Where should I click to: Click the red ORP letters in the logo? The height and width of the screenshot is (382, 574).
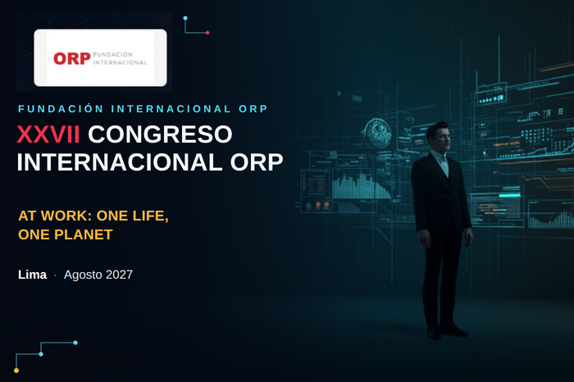point(72,58)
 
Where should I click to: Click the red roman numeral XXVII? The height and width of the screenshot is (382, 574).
point(48,134)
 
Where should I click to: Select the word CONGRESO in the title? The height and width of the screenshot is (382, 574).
point(160,134)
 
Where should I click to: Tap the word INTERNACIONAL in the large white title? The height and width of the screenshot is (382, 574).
point(120,162)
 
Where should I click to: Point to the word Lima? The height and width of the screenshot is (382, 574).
point(32,275)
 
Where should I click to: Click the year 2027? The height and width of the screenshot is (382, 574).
point(120,275)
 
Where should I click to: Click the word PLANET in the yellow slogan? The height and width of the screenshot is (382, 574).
point(84,234)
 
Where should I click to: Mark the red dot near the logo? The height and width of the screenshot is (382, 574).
point(207,33)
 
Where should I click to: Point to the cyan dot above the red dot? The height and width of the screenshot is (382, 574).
point(185,18)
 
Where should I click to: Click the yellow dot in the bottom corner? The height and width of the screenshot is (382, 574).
point(16,371)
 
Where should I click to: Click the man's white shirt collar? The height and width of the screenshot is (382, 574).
point(441,157)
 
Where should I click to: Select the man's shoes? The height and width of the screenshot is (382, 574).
point(448,331)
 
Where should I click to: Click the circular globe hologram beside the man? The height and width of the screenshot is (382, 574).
point(378,133)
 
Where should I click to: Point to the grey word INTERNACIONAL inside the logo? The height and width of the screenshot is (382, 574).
point(120,62)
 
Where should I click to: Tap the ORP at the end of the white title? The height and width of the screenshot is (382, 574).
point(257,162)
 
